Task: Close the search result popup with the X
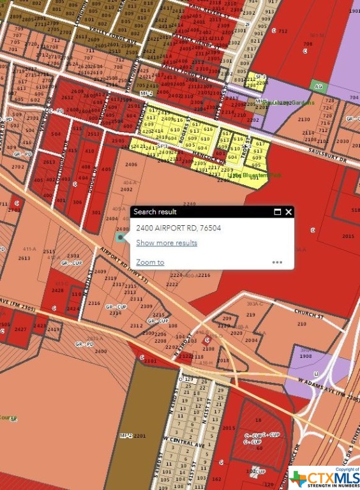click(289, 212)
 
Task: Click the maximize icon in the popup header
click(278, 212)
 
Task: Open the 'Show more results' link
click(167, 242)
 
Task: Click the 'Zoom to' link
click(150, 262)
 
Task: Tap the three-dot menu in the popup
click(277, 262)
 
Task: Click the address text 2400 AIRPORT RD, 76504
click(179, 228)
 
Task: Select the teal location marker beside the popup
click(121, 237)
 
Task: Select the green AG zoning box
click(318, 85)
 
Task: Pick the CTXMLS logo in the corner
click(324, 477)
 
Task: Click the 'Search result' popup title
click(155, 212)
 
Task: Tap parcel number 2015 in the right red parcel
click(348, 236)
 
